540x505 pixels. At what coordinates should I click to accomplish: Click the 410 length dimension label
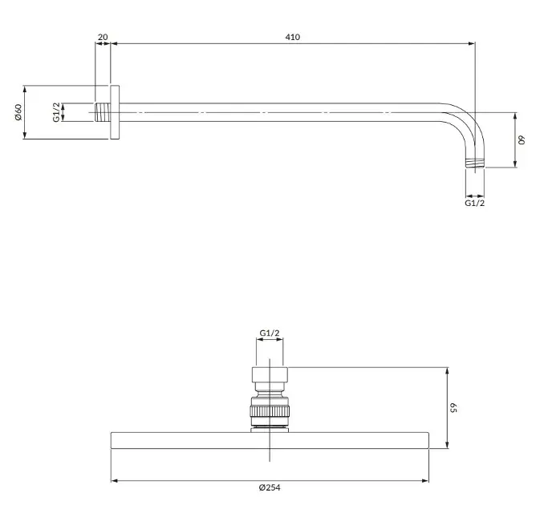point(292,37)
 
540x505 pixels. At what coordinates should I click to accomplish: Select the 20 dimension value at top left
point(103,37)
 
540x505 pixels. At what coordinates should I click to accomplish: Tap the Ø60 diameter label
point(18,112)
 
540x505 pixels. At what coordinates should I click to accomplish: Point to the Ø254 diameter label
point(270,487)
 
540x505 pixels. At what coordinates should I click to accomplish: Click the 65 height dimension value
point(453,408)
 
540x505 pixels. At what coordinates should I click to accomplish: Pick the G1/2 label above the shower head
point(270,333)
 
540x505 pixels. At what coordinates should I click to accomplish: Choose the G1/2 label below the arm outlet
point(474,203)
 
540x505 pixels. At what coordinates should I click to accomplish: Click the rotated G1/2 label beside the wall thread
point(56,112)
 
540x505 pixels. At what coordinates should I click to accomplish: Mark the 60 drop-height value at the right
point(522,140)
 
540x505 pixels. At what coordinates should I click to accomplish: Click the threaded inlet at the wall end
point(103,112)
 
